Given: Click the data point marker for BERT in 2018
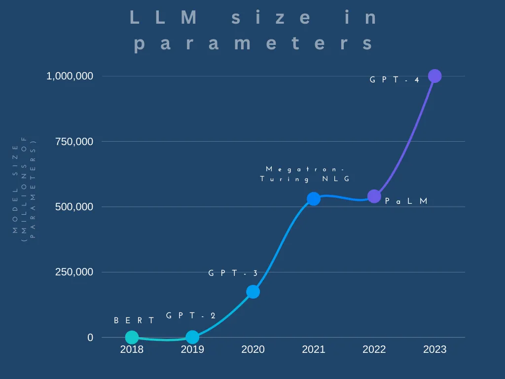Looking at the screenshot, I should [132, 337].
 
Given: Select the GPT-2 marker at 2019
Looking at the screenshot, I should [192, 337].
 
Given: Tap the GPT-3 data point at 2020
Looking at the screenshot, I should [253, 292].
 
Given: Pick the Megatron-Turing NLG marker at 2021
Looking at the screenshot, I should [314, 199].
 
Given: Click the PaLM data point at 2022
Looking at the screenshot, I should [374, 196].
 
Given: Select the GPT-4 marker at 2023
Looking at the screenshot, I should [434, 76].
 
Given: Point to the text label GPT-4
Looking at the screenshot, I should [395, 79].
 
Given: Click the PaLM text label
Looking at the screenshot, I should [406, 201].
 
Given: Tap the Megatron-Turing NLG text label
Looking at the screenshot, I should [305, 174].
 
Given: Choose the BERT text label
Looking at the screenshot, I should [134, 320].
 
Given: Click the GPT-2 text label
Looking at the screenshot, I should [191, 316].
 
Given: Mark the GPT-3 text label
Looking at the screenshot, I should [233, 273].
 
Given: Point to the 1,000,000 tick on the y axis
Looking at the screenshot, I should [70, 76].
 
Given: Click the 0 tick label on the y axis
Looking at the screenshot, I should [90, 338].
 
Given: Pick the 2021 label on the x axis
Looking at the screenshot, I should [314, 350].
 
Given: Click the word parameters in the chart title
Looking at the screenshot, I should [253, 43].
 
